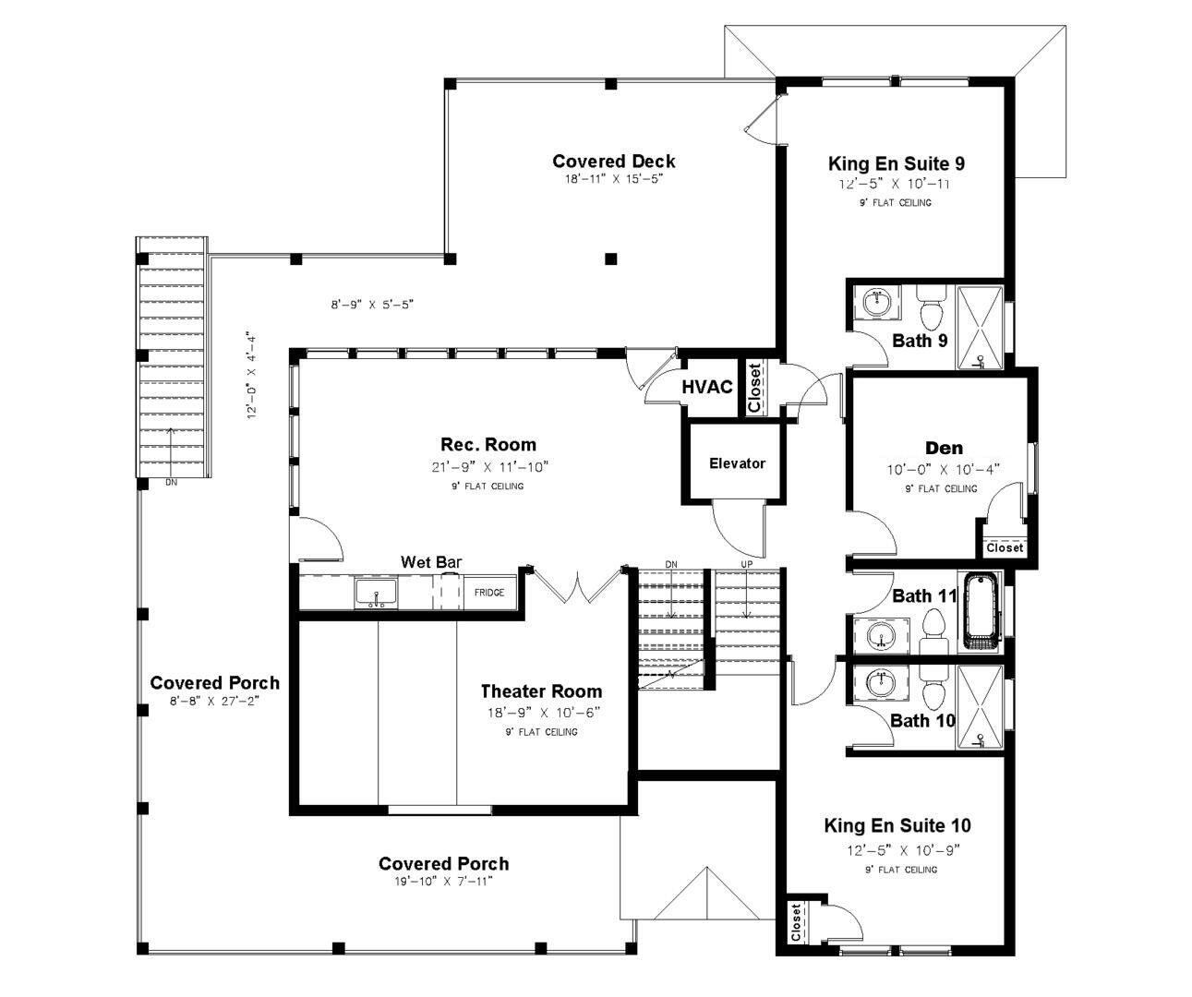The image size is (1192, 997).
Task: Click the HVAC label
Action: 706,387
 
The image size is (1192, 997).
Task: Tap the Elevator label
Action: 737,463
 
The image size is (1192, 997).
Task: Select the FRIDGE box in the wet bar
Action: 489,593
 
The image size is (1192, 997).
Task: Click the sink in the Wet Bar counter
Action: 376,593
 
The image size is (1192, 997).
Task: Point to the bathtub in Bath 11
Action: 981,612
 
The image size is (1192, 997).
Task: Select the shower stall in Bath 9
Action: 980,327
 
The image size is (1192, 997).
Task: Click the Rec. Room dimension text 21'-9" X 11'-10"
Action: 489,467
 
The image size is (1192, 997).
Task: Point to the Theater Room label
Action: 541,691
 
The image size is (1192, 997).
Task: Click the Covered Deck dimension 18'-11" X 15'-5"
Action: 613,179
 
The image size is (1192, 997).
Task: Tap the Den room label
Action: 945,448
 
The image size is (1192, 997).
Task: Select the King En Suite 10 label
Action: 897,825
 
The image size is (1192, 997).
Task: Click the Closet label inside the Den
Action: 1005,547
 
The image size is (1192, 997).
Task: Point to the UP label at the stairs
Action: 747,564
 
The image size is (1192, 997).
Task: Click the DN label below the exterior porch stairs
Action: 171,482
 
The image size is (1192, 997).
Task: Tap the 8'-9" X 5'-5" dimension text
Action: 372,305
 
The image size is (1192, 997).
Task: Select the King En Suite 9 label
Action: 897,163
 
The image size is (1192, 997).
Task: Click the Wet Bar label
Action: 431,562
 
